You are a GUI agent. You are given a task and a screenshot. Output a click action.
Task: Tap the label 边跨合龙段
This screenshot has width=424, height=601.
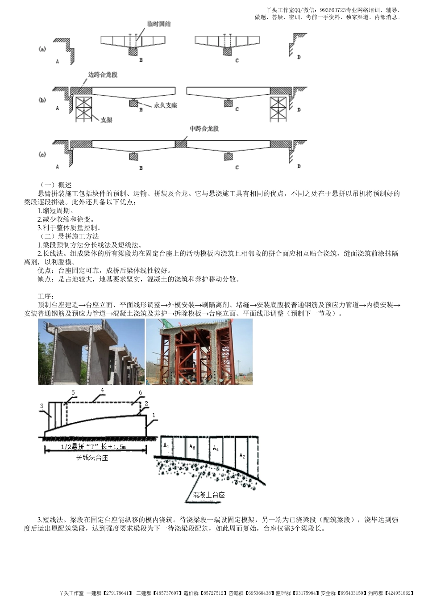[x=103, y=75]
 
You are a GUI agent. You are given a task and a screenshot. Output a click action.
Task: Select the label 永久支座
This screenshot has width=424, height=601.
[x=166, y=105]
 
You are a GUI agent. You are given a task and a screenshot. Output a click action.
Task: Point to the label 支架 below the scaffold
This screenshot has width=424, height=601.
[x=106, y=120]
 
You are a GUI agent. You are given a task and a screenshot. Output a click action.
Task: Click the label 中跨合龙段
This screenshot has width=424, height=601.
[x=204, y=129]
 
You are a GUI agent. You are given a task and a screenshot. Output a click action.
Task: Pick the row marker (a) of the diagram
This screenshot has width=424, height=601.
[x=42, y=49]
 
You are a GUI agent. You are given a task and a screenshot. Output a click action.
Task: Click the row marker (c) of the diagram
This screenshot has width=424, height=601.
[x=42, y=155]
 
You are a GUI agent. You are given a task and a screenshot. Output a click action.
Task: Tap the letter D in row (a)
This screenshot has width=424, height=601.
[x=299, y=57]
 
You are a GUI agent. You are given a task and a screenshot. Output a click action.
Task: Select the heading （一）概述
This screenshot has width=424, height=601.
[x=56, y=185]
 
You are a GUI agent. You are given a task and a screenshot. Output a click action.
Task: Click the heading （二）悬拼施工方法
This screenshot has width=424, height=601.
[x=69, y=236]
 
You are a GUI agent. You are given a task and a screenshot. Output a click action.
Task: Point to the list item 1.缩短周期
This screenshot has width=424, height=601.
[x=56, y=210]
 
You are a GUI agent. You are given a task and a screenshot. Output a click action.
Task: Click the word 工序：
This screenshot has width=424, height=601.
[x=46, y=296]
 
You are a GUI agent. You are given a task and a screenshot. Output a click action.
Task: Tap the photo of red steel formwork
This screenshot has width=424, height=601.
[x=199, y=352]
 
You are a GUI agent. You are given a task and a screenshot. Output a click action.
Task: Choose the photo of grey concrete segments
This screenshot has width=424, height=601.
[x=91, y=352]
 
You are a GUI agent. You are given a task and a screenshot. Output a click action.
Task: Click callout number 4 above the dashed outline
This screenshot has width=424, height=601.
[x=102, y=391]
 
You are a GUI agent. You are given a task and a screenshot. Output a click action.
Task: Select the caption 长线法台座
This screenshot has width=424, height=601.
[x=92, y=458]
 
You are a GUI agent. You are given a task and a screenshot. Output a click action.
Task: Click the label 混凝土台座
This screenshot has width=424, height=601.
[x=208, y=495]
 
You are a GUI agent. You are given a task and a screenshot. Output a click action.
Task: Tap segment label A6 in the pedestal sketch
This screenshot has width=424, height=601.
[x=192, y=446]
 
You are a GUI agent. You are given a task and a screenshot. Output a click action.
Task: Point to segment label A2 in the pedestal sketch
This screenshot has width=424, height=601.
[x=242, y=456]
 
